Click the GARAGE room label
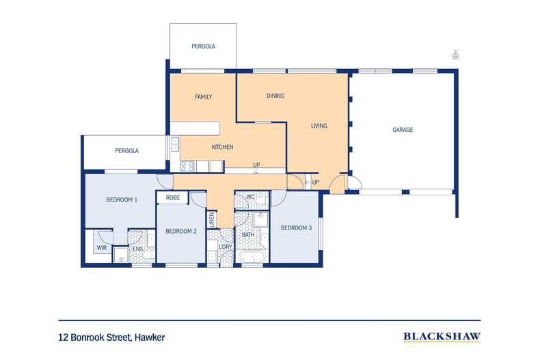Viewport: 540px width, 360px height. tap(403, 130)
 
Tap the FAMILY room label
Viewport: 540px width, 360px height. tap(203, 97)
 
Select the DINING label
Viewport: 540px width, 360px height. tap(275, 96)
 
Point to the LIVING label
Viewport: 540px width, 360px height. tap(319, 126)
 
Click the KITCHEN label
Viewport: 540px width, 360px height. tap(222, 147)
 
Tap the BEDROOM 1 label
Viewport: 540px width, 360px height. tap(122, 199)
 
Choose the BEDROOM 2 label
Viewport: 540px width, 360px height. tap(181, 231)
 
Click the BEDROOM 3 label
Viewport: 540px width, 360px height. tap(296, 228)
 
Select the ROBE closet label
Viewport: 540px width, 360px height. tap(173, 198)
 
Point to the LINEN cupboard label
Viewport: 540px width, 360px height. tap(212, 219)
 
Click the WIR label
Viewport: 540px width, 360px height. tap(102, 248)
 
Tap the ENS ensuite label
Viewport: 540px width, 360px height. tap(138, 249)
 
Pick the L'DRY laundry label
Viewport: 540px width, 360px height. tap(226, 247)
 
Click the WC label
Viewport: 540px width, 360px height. tap(251, 197)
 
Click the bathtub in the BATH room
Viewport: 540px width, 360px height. tap(252, 257)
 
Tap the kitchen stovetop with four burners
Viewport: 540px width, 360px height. tap(188, 166)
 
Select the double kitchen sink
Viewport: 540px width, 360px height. tap(175, 144)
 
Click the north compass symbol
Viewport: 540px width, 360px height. tap(456, 55)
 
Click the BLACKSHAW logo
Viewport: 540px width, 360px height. tap(442, 337)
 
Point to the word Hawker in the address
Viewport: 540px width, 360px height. tap(150, 337)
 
